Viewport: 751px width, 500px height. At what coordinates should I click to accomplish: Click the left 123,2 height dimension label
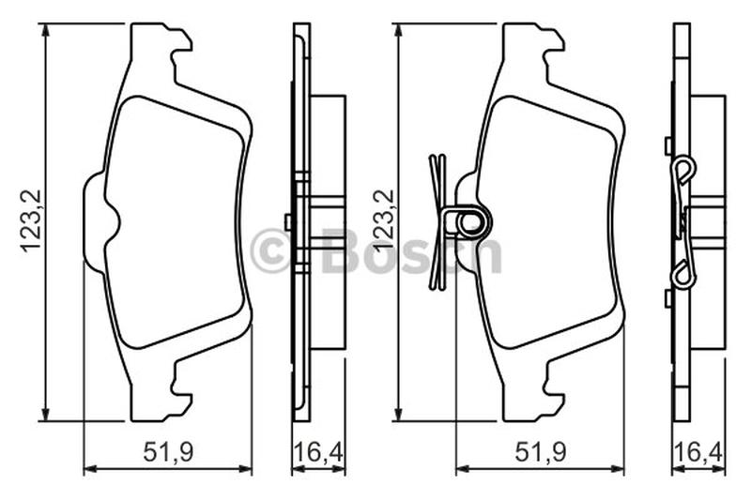[x=32, y=221]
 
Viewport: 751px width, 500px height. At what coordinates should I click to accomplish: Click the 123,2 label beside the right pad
[x=384, y=221]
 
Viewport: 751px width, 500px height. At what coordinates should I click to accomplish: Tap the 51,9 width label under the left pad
[x=168, y=452]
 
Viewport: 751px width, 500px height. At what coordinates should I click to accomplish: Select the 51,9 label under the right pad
[x=541, y=452]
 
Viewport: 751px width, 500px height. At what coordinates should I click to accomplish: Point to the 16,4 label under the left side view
[x=318, y=452]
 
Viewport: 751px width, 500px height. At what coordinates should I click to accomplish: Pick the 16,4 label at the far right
[x=698, y=452]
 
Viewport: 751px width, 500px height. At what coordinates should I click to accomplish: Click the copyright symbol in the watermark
[x=270, y=250]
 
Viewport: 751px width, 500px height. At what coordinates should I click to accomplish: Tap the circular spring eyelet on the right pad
[x=469, y=222]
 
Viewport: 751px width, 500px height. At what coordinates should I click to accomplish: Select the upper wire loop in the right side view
[x=683, y=170]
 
